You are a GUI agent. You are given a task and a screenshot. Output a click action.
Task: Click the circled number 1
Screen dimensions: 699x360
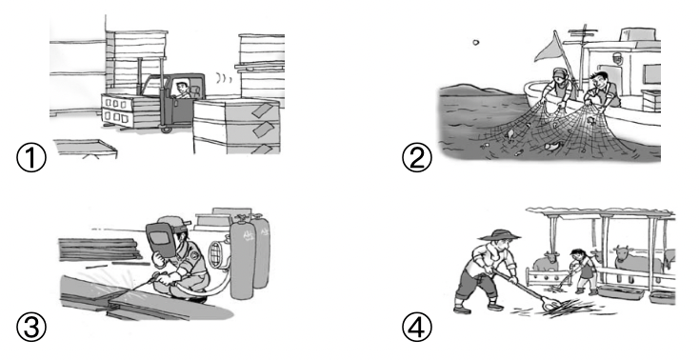click(31, 157)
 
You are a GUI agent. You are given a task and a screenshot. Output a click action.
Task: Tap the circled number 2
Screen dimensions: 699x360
click(417, 157)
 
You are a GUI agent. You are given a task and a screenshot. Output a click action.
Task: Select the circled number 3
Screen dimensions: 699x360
click(31, 327)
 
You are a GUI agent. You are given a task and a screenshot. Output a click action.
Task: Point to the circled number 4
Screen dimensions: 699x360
click(417, 327)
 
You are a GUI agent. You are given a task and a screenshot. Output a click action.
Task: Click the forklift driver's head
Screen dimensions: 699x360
click(182, 87)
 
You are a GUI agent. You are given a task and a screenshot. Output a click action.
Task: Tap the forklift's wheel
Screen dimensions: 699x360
click(167, 130)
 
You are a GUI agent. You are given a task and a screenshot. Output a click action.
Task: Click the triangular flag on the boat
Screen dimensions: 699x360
click(550, 49)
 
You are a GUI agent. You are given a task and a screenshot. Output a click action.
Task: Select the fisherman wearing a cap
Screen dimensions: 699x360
click(558, 89)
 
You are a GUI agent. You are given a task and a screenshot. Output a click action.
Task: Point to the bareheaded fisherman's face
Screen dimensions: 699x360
click(597, 82)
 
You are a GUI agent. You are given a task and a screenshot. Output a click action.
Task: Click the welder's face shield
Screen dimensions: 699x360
click(161, 239)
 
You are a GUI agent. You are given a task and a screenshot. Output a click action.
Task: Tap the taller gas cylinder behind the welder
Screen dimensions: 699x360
click(242, 258)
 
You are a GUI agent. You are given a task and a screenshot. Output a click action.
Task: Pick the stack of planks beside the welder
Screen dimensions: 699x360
click(100, 250)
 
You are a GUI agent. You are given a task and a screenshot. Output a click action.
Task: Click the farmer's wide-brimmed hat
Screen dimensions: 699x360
click(499, 235)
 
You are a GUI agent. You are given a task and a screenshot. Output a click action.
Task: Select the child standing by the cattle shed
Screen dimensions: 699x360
click(583, 271)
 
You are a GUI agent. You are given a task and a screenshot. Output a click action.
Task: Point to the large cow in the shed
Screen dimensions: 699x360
click(636, 263)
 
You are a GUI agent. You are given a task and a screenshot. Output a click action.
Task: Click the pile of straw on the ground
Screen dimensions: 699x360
click(569, 309)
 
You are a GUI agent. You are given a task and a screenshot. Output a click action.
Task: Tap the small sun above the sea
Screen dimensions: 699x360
click(475, 43)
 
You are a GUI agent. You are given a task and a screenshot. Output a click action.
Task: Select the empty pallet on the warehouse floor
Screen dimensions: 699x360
click(86, 148)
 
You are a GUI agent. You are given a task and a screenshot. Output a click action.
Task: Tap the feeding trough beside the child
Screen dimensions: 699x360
click(621, 292)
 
